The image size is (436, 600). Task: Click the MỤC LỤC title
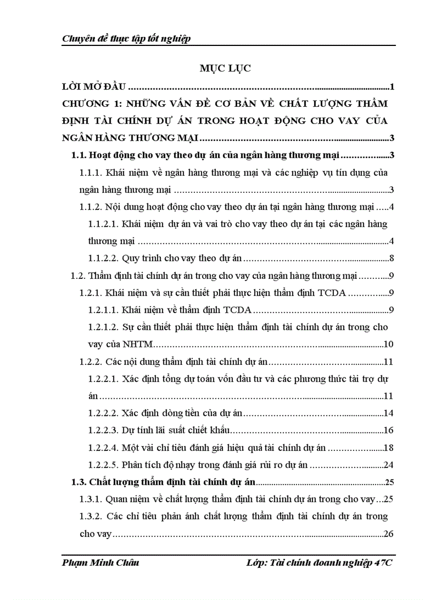pyautogui.click(x=225, y=69)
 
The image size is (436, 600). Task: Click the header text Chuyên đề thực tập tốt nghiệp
pyautogui.click(x=127, y=38)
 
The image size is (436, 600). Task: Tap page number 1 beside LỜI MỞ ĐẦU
pyautogui.click(x=392, y=87)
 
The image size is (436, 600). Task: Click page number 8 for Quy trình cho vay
pyautogui.click(x=392, y=259)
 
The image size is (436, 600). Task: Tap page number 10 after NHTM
pyautogui.click(x=389, y=345)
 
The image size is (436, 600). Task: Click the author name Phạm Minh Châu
pyautogui.click(x=101, y=563)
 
